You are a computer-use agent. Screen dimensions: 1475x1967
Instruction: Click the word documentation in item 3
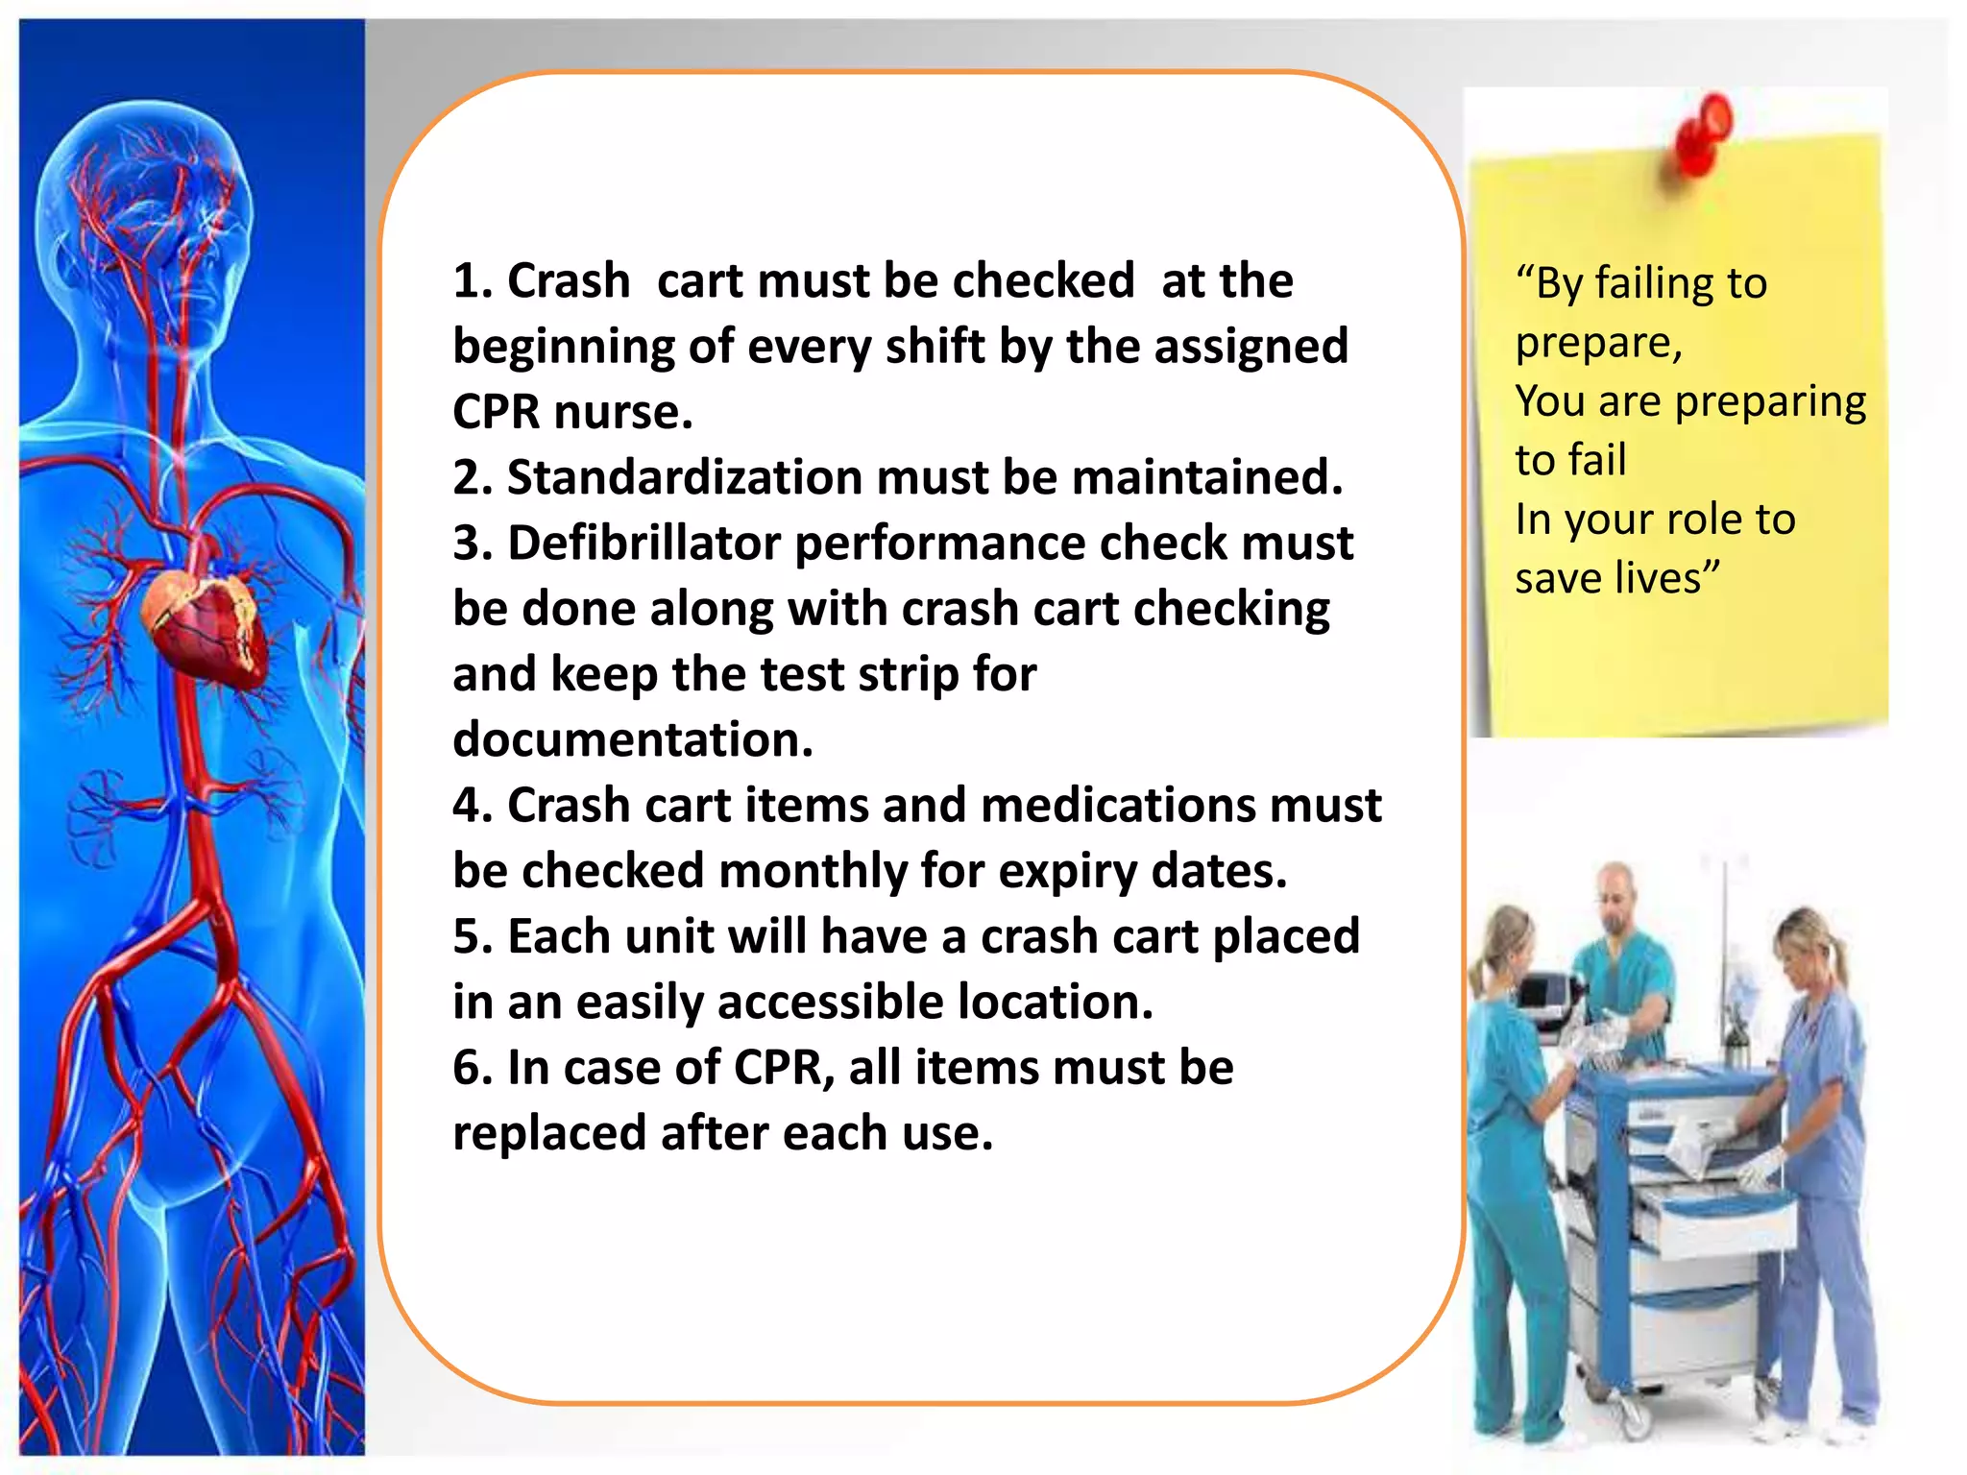(633, 739)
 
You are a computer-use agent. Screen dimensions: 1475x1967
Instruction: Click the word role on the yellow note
(1699, 520)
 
